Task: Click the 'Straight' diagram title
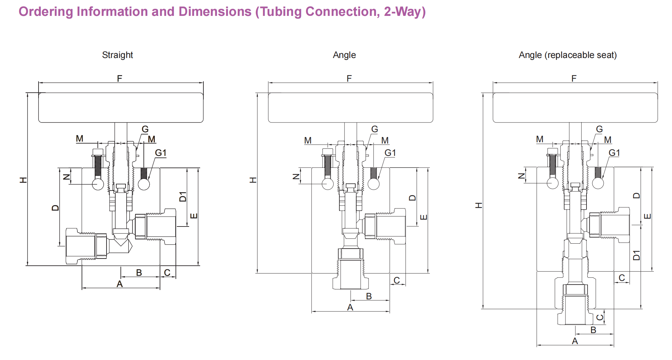(x=117, y=55)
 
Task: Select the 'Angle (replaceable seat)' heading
(x=567, y=55)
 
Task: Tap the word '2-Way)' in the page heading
(x=404, y=12)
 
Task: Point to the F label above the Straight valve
(x=120, y=78)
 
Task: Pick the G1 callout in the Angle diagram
(x=390, y=153)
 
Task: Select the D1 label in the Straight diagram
(x=183, y=197)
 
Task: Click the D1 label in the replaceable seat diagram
(x=636, y=255)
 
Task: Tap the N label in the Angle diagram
(x=296, y=177)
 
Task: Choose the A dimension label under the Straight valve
(x=120, y=284)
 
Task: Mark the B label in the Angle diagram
(x=369, y=296)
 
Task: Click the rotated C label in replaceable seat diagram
(x=600, y=317)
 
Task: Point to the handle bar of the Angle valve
(x=350, y=108)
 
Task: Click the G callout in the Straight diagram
(x=145, y=129)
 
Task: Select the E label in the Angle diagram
(x=424, y=217)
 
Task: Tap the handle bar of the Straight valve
(x=121, y=108)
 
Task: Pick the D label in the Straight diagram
(x=55, y=208)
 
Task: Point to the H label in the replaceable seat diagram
(x=479, y=205)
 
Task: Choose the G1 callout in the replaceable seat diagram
(x=614, y=153)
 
